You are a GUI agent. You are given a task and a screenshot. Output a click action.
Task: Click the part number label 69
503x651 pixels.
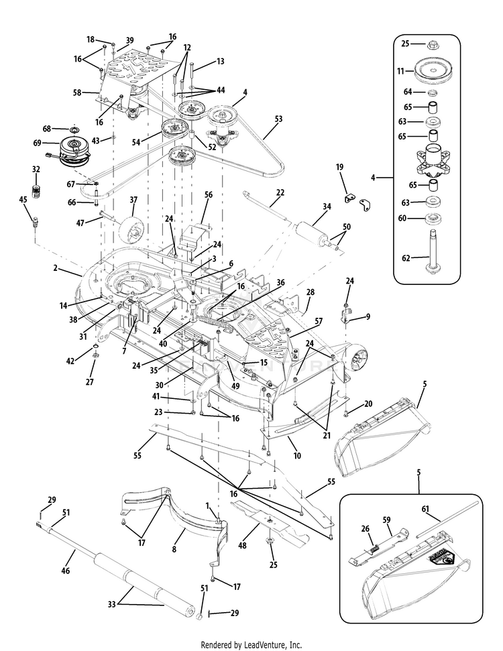(37, 142)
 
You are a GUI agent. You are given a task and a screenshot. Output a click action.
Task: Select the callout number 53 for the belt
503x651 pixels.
(278, 119)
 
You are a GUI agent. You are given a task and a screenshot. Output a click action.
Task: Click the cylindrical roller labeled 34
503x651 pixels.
(308, 235)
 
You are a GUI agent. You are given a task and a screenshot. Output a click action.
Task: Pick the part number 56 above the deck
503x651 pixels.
(208, 194)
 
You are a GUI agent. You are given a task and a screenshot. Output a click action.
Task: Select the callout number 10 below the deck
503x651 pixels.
(297, 456)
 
